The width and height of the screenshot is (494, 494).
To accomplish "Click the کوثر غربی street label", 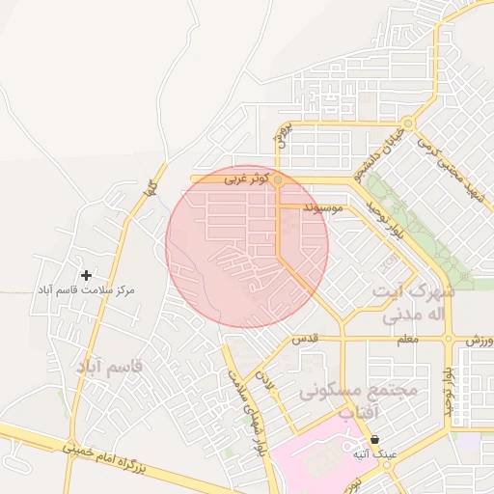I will (242, 179).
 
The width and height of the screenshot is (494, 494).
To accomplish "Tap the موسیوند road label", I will (322, 207).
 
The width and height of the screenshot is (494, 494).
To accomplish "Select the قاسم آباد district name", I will (108, 367).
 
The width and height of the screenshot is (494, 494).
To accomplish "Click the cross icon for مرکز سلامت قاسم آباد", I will (87, 276).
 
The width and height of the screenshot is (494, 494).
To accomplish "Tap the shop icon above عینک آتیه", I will (373, 439).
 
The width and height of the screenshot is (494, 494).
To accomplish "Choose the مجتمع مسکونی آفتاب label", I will (357, 401).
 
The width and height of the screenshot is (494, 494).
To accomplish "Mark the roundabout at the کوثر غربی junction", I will (278, 179).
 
